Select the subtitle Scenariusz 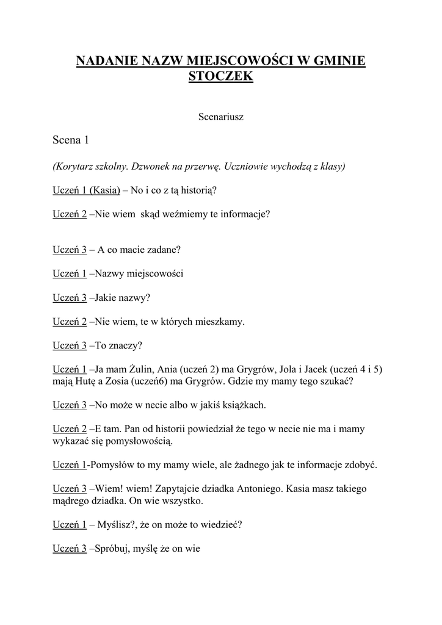coord(221,117)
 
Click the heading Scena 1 coord(71,140)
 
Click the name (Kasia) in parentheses coord(104,190)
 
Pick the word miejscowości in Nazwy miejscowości coord(155,273)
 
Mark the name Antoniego coord(252,488)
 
